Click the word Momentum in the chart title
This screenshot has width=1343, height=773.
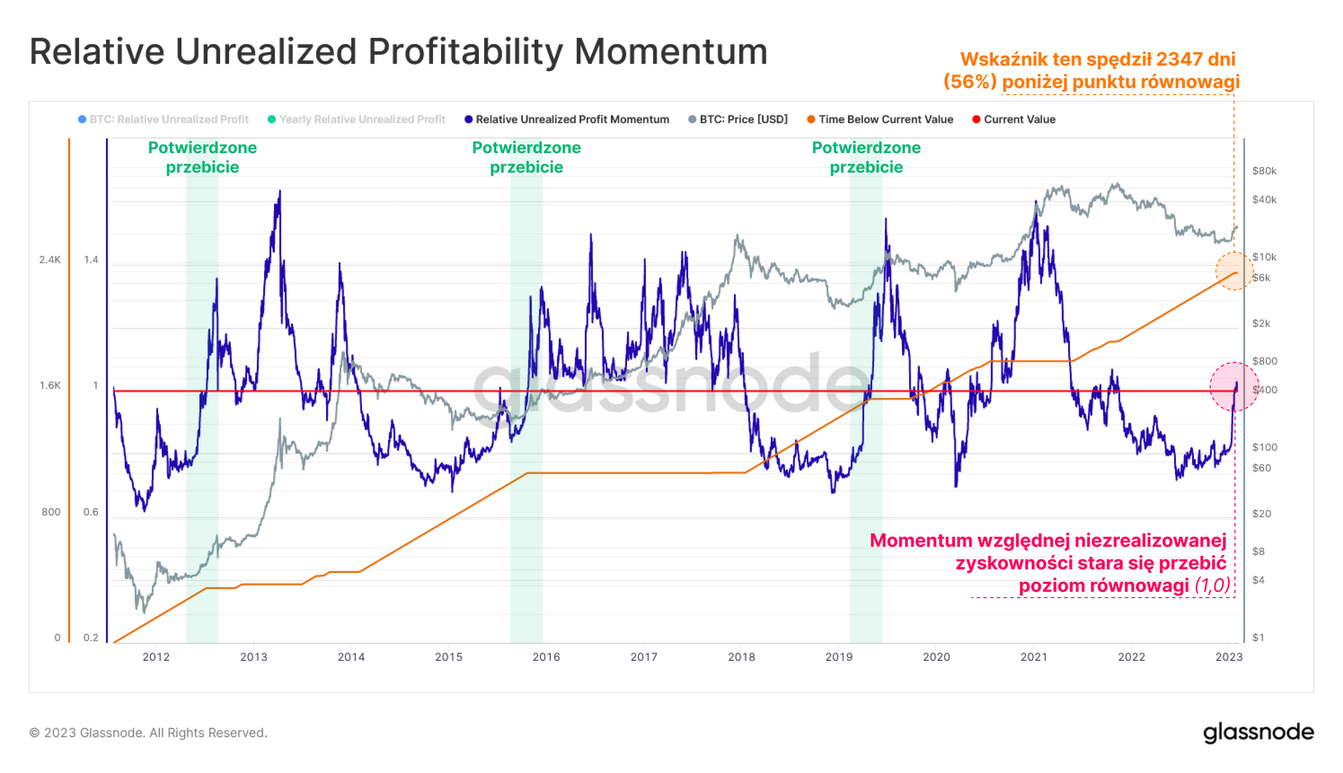click(670, 52)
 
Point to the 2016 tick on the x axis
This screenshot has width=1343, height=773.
click(546, 657)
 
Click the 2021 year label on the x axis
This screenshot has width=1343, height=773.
click(1033, 657)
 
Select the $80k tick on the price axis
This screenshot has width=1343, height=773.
click(1264, 171)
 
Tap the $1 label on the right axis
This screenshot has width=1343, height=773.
click(1258, 637)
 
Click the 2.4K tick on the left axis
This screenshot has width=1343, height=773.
click(50, 260)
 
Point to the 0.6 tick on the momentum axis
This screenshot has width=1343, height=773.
click(91, 512)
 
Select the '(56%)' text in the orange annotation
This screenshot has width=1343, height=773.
click(970, 82)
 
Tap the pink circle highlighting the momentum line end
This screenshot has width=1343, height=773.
click(1234, 387)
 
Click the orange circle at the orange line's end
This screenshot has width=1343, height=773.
click(1234, 271)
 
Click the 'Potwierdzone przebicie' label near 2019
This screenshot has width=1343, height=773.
click(866, 157)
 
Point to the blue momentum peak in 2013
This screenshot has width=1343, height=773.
click(279, 191)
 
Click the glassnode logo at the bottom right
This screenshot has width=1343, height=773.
click(1258, 732)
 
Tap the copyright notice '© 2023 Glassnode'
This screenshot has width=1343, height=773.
click(148, 733)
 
